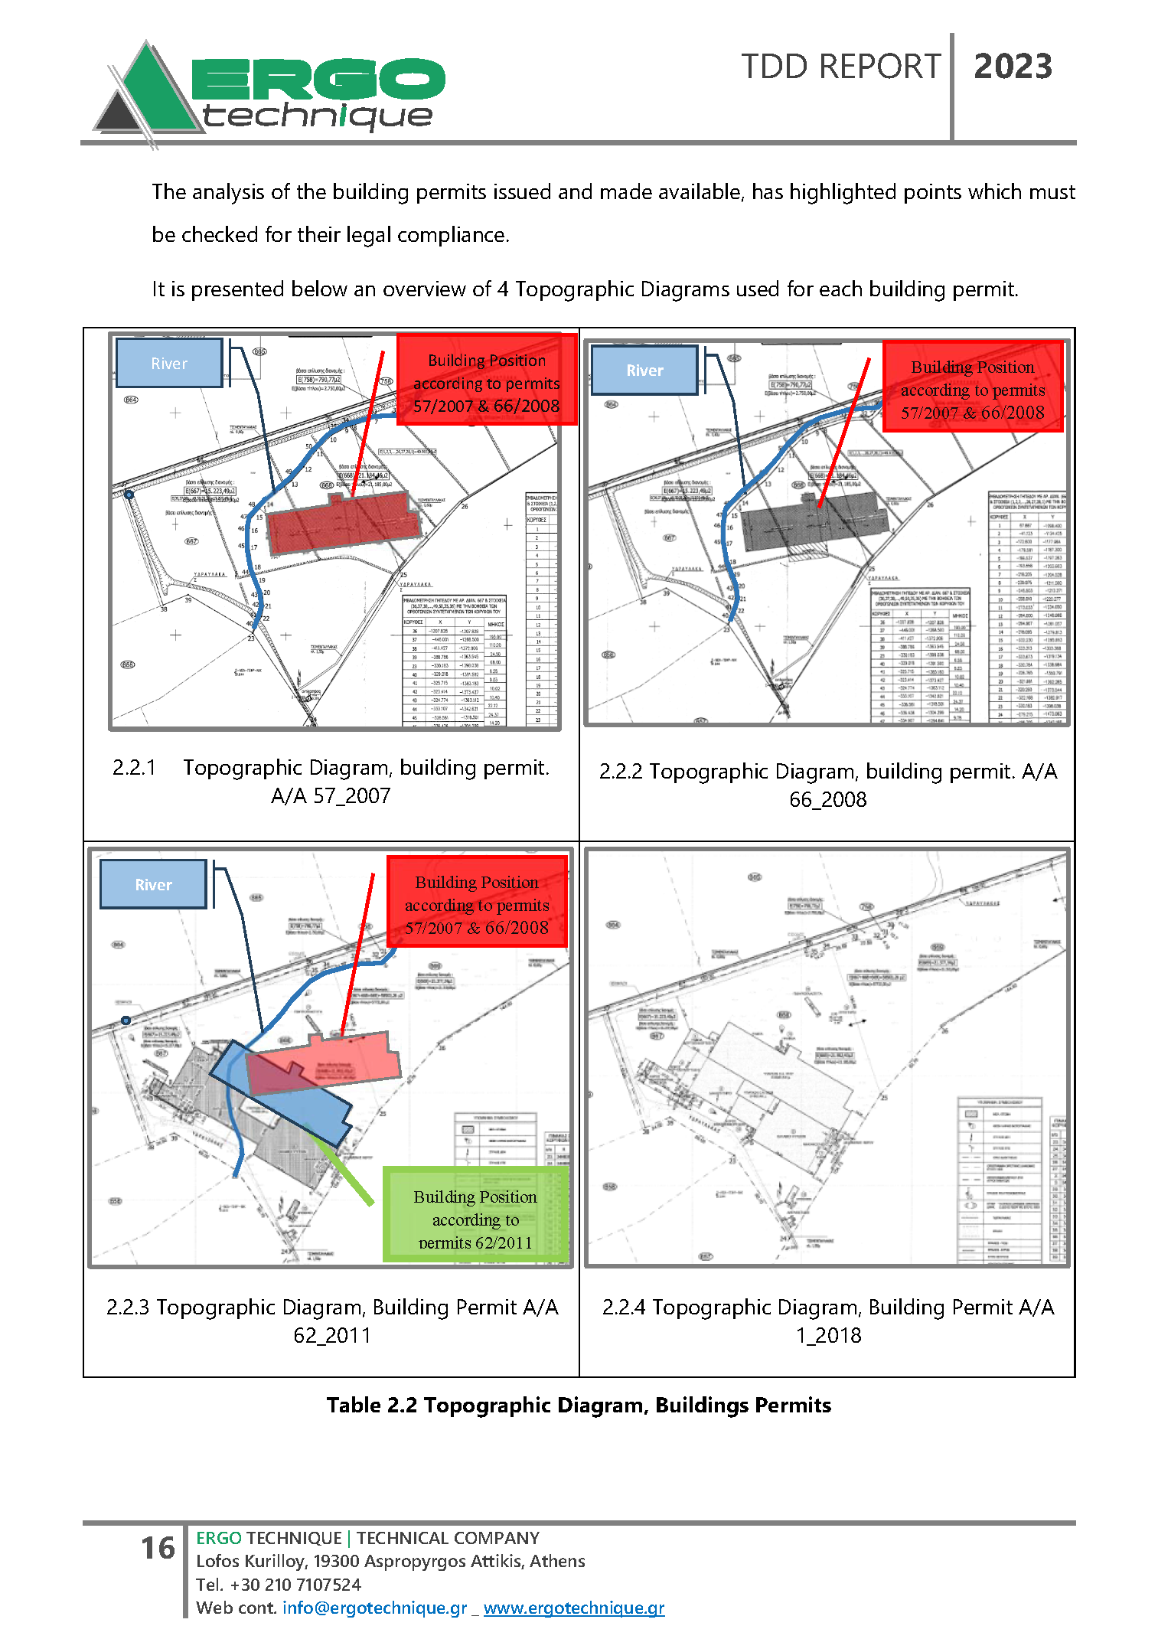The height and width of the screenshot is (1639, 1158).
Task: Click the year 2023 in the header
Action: point(1013,67)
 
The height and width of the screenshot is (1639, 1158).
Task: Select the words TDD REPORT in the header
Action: point(840,67)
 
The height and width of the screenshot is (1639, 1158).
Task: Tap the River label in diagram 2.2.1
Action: point(169,363)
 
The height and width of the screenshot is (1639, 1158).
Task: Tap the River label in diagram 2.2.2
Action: point(644,371)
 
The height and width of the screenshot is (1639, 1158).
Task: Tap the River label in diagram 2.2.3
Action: point(153,884)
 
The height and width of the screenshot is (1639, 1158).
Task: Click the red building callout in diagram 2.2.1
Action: point(486,382)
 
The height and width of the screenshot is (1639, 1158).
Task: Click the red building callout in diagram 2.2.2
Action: point(972,389)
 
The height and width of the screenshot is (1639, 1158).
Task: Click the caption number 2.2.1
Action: point(134,767)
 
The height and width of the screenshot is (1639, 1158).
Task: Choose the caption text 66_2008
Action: point(827,799)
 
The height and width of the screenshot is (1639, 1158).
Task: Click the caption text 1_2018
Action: point(828,1335)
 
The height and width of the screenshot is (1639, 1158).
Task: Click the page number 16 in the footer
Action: point(158,1547)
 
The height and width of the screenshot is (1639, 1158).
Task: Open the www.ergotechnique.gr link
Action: point(573,1607)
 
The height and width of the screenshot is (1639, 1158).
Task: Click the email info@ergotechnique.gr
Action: point(374,1607)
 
